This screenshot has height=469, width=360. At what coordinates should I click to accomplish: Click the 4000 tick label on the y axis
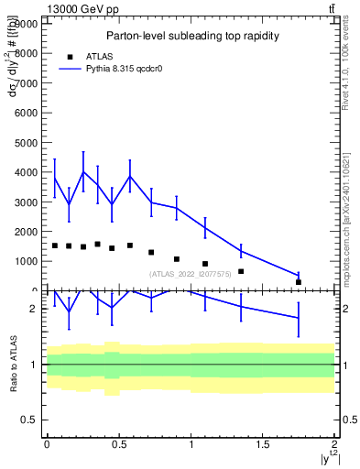(28, 172)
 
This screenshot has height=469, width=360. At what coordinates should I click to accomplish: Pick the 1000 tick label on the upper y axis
(28, 261)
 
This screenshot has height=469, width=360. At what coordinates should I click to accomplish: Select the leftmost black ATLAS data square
(55, 245)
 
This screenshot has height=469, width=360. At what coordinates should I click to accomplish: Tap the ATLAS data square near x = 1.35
(241, 271)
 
